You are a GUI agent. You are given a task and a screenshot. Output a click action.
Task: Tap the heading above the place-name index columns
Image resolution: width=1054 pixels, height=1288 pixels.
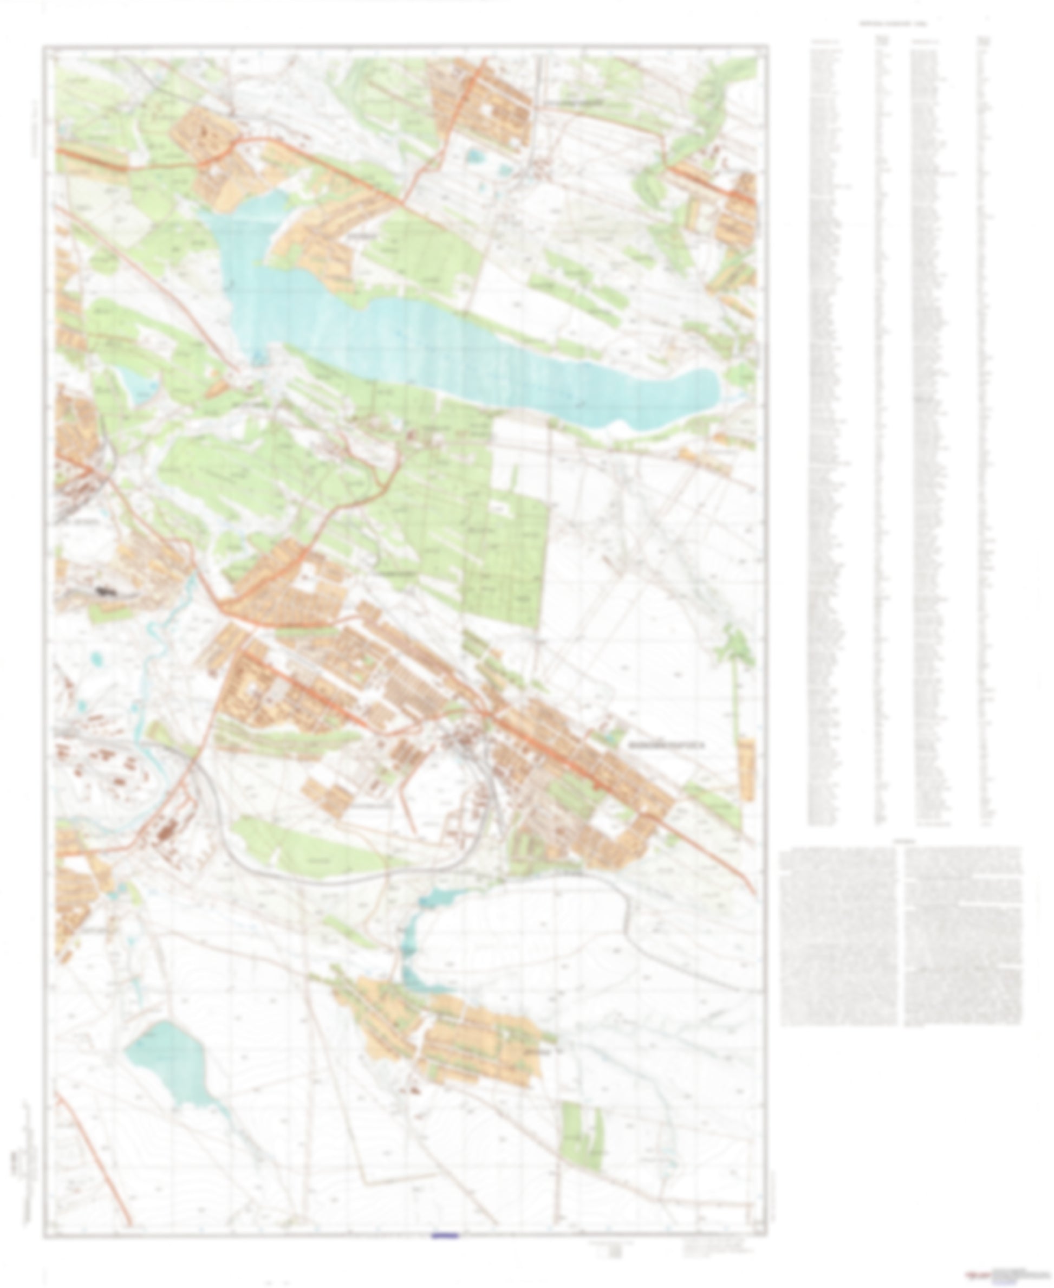pos(893,24)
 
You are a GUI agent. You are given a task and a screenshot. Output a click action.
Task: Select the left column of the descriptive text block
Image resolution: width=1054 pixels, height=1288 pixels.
pos(838,935)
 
